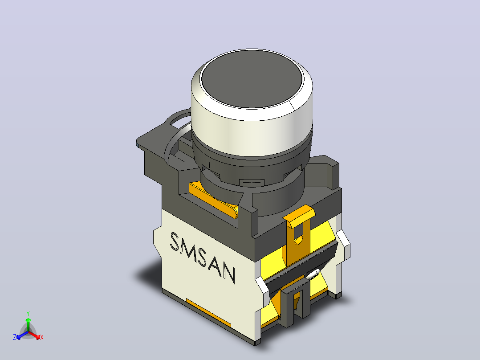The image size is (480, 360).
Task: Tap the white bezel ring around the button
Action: click(245, 132)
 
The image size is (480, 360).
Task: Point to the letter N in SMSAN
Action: click(228, 274)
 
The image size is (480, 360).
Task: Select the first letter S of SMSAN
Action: click(175, 241)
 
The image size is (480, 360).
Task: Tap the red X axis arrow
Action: click(34, 335)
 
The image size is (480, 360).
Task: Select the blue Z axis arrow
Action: click(22, 335)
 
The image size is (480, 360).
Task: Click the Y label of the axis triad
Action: click(28, 314)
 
